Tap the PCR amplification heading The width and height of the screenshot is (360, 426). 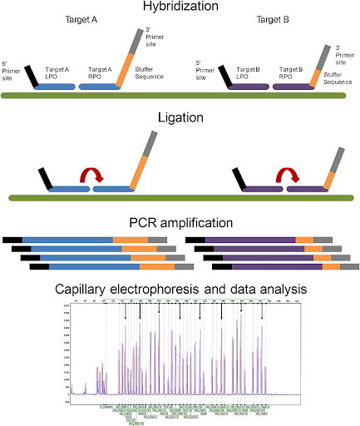click(x=180, y=223)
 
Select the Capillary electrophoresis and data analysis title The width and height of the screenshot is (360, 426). click(x=180, y=289)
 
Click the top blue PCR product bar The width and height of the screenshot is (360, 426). click(x=67, y=239)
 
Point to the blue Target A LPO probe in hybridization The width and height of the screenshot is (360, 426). click(x=62, y=86)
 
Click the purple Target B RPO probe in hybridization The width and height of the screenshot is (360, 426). click(x=294, y=86)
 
